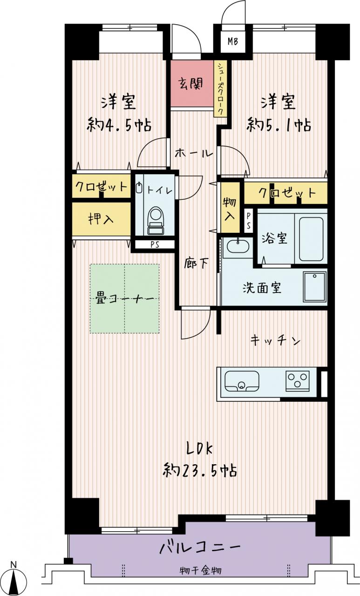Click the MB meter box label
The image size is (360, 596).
pos(232,41)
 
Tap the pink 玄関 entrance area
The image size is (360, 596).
pos(192,84)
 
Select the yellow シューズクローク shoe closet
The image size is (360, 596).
pos(220,89)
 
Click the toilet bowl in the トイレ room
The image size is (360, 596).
pos(156,220)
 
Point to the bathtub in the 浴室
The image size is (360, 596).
pos(311,239)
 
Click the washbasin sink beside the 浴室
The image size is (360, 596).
pos(238,246)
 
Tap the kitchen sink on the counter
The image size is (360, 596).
pos(242,381)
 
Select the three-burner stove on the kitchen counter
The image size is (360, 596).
pos(298,381)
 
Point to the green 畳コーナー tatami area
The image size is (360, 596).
pos(124,298)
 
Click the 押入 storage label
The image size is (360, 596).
pos(101,219)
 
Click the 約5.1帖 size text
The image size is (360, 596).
pos(278,124)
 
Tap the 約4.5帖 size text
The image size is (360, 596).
pos(119,124)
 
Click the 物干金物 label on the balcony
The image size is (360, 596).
pos(200,570)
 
